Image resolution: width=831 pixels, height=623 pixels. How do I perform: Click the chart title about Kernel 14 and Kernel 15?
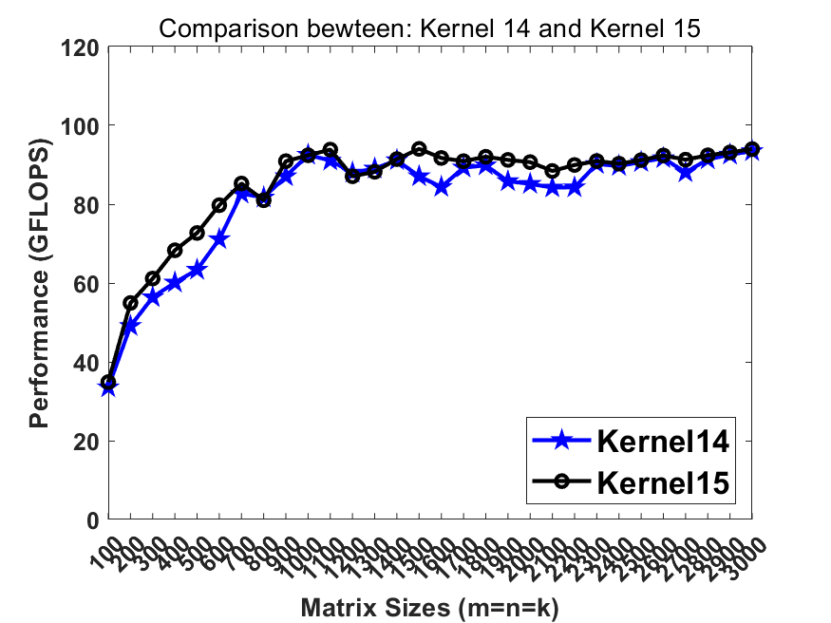[x=429, y=28]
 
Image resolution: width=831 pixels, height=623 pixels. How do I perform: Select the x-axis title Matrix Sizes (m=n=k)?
[x=429, y=607]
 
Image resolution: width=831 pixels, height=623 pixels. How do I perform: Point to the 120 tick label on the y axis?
[x=83, y=47]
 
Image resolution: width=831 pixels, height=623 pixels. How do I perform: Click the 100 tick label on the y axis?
[x=83, y=125]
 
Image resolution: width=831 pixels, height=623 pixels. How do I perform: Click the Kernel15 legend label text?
[x=663, y=482]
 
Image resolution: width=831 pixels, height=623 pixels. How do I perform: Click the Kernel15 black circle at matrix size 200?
[x=131, y=303]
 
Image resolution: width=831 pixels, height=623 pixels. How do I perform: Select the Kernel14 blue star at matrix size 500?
[x=198, y=270]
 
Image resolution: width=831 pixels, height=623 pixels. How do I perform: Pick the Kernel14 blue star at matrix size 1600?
[x=442, y=187]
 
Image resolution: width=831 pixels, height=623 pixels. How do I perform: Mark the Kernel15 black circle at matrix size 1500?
[x=420, y=149]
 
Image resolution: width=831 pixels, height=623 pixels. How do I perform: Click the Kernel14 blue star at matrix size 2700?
[x=686, y=173]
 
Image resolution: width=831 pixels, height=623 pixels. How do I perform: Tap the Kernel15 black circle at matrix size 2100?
[x=553, y=171]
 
